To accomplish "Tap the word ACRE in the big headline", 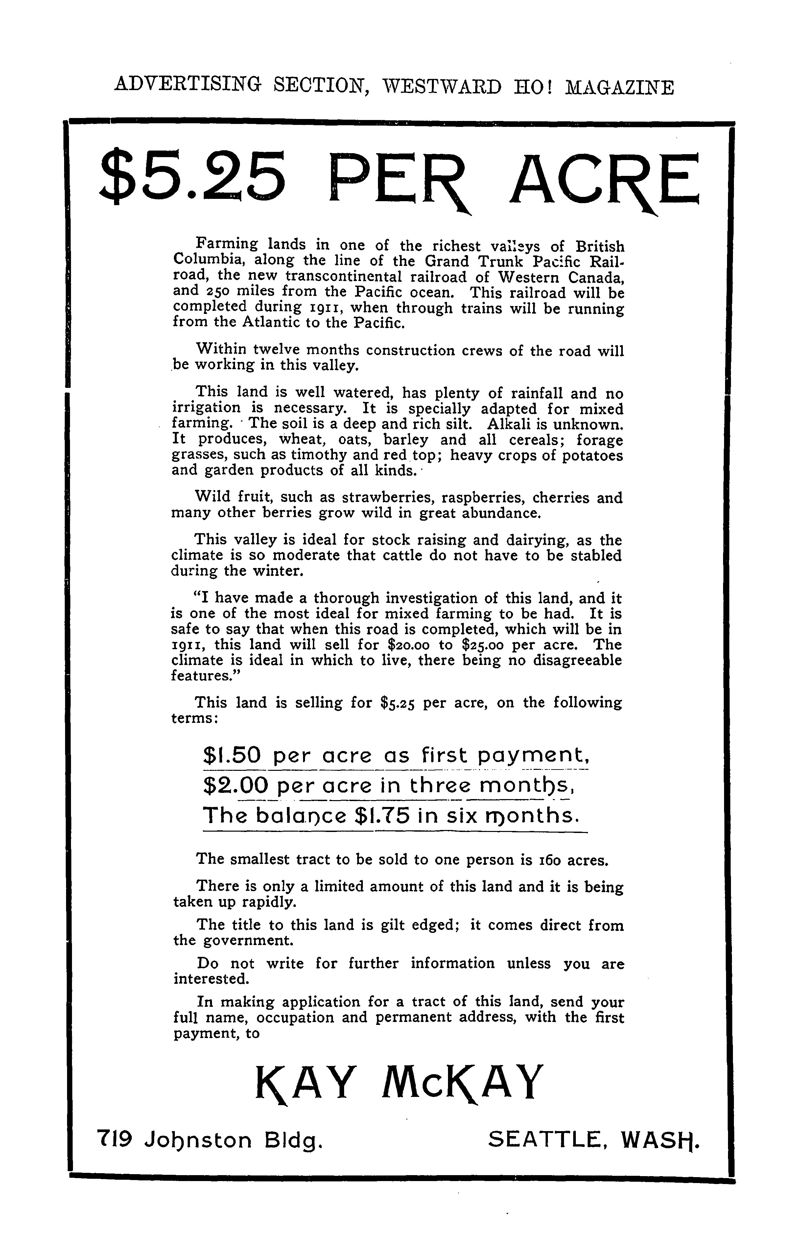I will [x=605, y=180].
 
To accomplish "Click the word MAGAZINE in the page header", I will [x=620, y=86].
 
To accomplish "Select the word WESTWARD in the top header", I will [x=442, y=86].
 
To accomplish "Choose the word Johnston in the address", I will [x=198, y=1141].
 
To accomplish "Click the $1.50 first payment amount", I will [x=232, y=755].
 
